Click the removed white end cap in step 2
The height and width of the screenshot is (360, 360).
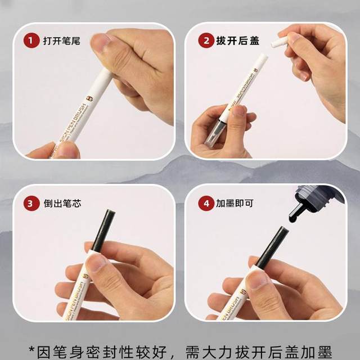[x=279, y=40]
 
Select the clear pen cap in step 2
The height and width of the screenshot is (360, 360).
[x=215, y=133]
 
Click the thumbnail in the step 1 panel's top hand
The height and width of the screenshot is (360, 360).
[x=101, y=43]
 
